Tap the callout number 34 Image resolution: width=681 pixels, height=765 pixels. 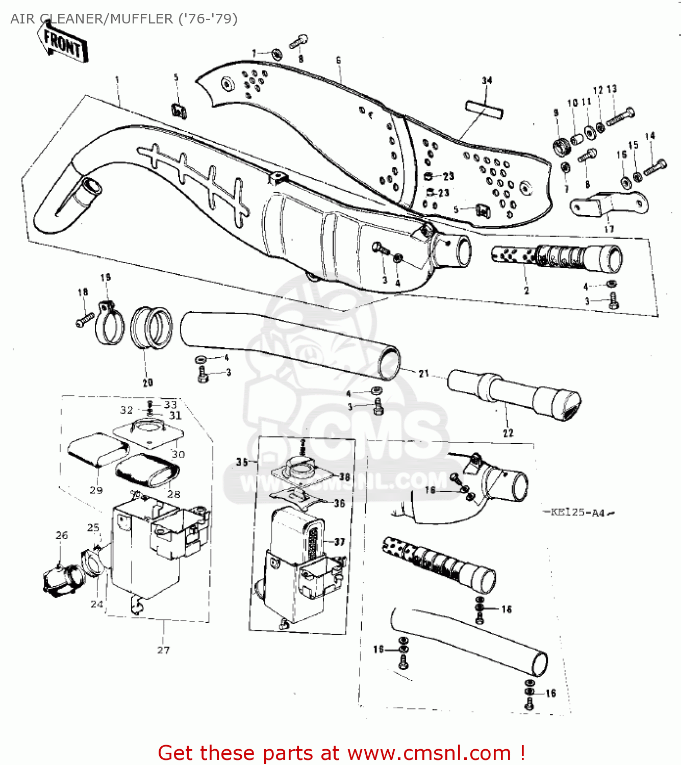[487, 81]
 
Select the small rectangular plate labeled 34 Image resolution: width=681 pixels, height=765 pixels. [484, 110]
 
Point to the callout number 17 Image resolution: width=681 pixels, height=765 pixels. [609, 229]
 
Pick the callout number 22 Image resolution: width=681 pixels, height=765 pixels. [508, 433]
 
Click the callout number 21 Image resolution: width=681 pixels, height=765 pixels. [424, 373]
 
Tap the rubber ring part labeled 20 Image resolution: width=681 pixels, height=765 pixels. [152, 328]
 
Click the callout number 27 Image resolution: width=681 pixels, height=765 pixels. [163, 650]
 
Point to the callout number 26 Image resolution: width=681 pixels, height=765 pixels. [62, 535]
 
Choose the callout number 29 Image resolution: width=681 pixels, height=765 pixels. [96, 490]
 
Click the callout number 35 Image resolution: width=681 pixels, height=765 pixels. [242, 462]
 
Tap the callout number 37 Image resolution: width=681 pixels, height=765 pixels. [340, 542]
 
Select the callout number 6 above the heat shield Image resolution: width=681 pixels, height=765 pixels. [338, 60]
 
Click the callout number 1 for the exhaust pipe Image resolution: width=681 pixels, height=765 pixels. [117, 80]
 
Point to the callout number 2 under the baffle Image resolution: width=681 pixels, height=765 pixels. [526, 291]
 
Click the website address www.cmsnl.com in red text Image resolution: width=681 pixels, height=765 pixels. [430, 753]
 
